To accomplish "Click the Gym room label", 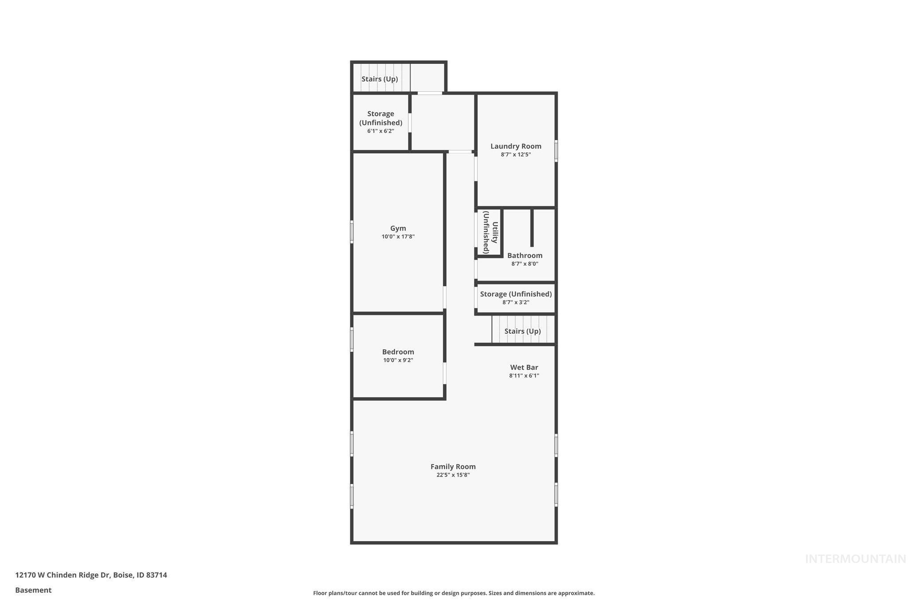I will coord(398,228).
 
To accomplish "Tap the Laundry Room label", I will coord(516,146).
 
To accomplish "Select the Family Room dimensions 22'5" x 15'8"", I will coord(453,475).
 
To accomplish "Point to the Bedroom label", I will coord(398,352).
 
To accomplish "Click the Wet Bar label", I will coord(524,367).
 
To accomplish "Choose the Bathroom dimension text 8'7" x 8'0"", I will coord(524,264).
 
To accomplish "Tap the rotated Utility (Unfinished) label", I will coord(490,232).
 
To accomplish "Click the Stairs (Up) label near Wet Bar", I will coord(522,331).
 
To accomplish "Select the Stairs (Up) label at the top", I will coord(380,79).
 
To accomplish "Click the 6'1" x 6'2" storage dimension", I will coord(380,131).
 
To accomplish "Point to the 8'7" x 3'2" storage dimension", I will coord(516,302).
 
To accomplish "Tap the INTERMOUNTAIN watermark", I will coord(855,559).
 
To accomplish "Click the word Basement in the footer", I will coord(33,590).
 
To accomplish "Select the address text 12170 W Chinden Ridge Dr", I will coord(62,575).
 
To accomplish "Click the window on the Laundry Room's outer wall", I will coord(556,151).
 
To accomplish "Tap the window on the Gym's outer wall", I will coord(352,232).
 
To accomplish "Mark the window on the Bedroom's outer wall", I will coord(352,340).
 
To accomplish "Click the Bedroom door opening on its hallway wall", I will coord(445,373).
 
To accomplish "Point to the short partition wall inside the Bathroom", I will coord(532,227).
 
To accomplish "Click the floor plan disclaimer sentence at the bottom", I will coord(454,593).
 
